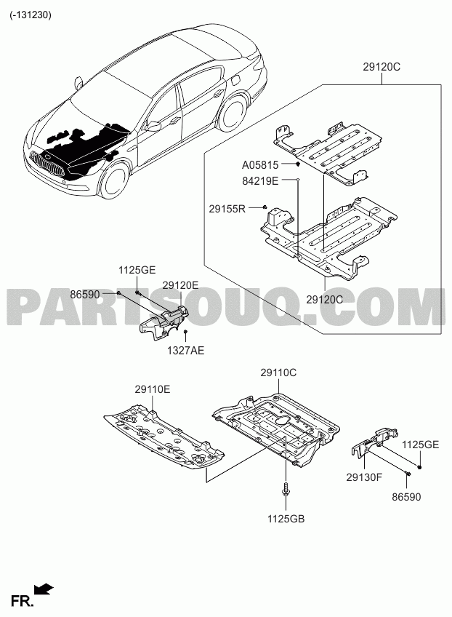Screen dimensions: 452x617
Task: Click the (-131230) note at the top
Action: click(x=31, y=15)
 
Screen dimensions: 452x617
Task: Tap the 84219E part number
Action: click(x=260, y=181)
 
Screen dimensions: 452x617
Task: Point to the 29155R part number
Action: click(x=227, y=209)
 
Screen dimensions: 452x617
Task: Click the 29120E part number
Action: click(x=180, y=286)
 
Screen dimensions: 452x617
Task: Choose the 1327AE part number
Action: click(x=185, y=350)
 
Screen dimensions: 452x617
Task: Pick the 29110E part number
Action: click(x=153, y=389)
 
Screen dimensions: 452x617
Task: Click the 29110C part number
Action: click(x=278, y=373)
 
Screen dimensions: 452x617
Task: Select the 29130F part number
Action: click(x=364, y=477)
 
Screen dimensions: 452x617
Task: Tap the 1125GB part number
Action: click(x=286, y=519)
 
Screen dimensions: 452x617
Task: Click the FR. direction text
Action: click(x=23, y=601)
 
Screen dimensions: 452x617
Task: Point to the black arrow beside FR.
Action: click(x=44, y=588)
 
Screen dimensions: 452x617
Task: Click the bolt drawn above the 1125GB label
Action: click(x=286, y=488)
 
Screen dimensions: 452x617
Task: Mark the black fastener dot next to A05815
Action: click(x=298, y=164)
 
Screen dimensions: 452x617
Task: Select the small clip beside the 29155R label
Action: click(x=265, y=207)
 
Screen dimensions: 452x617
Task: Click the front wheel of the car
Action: click(x=113, y=180)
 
